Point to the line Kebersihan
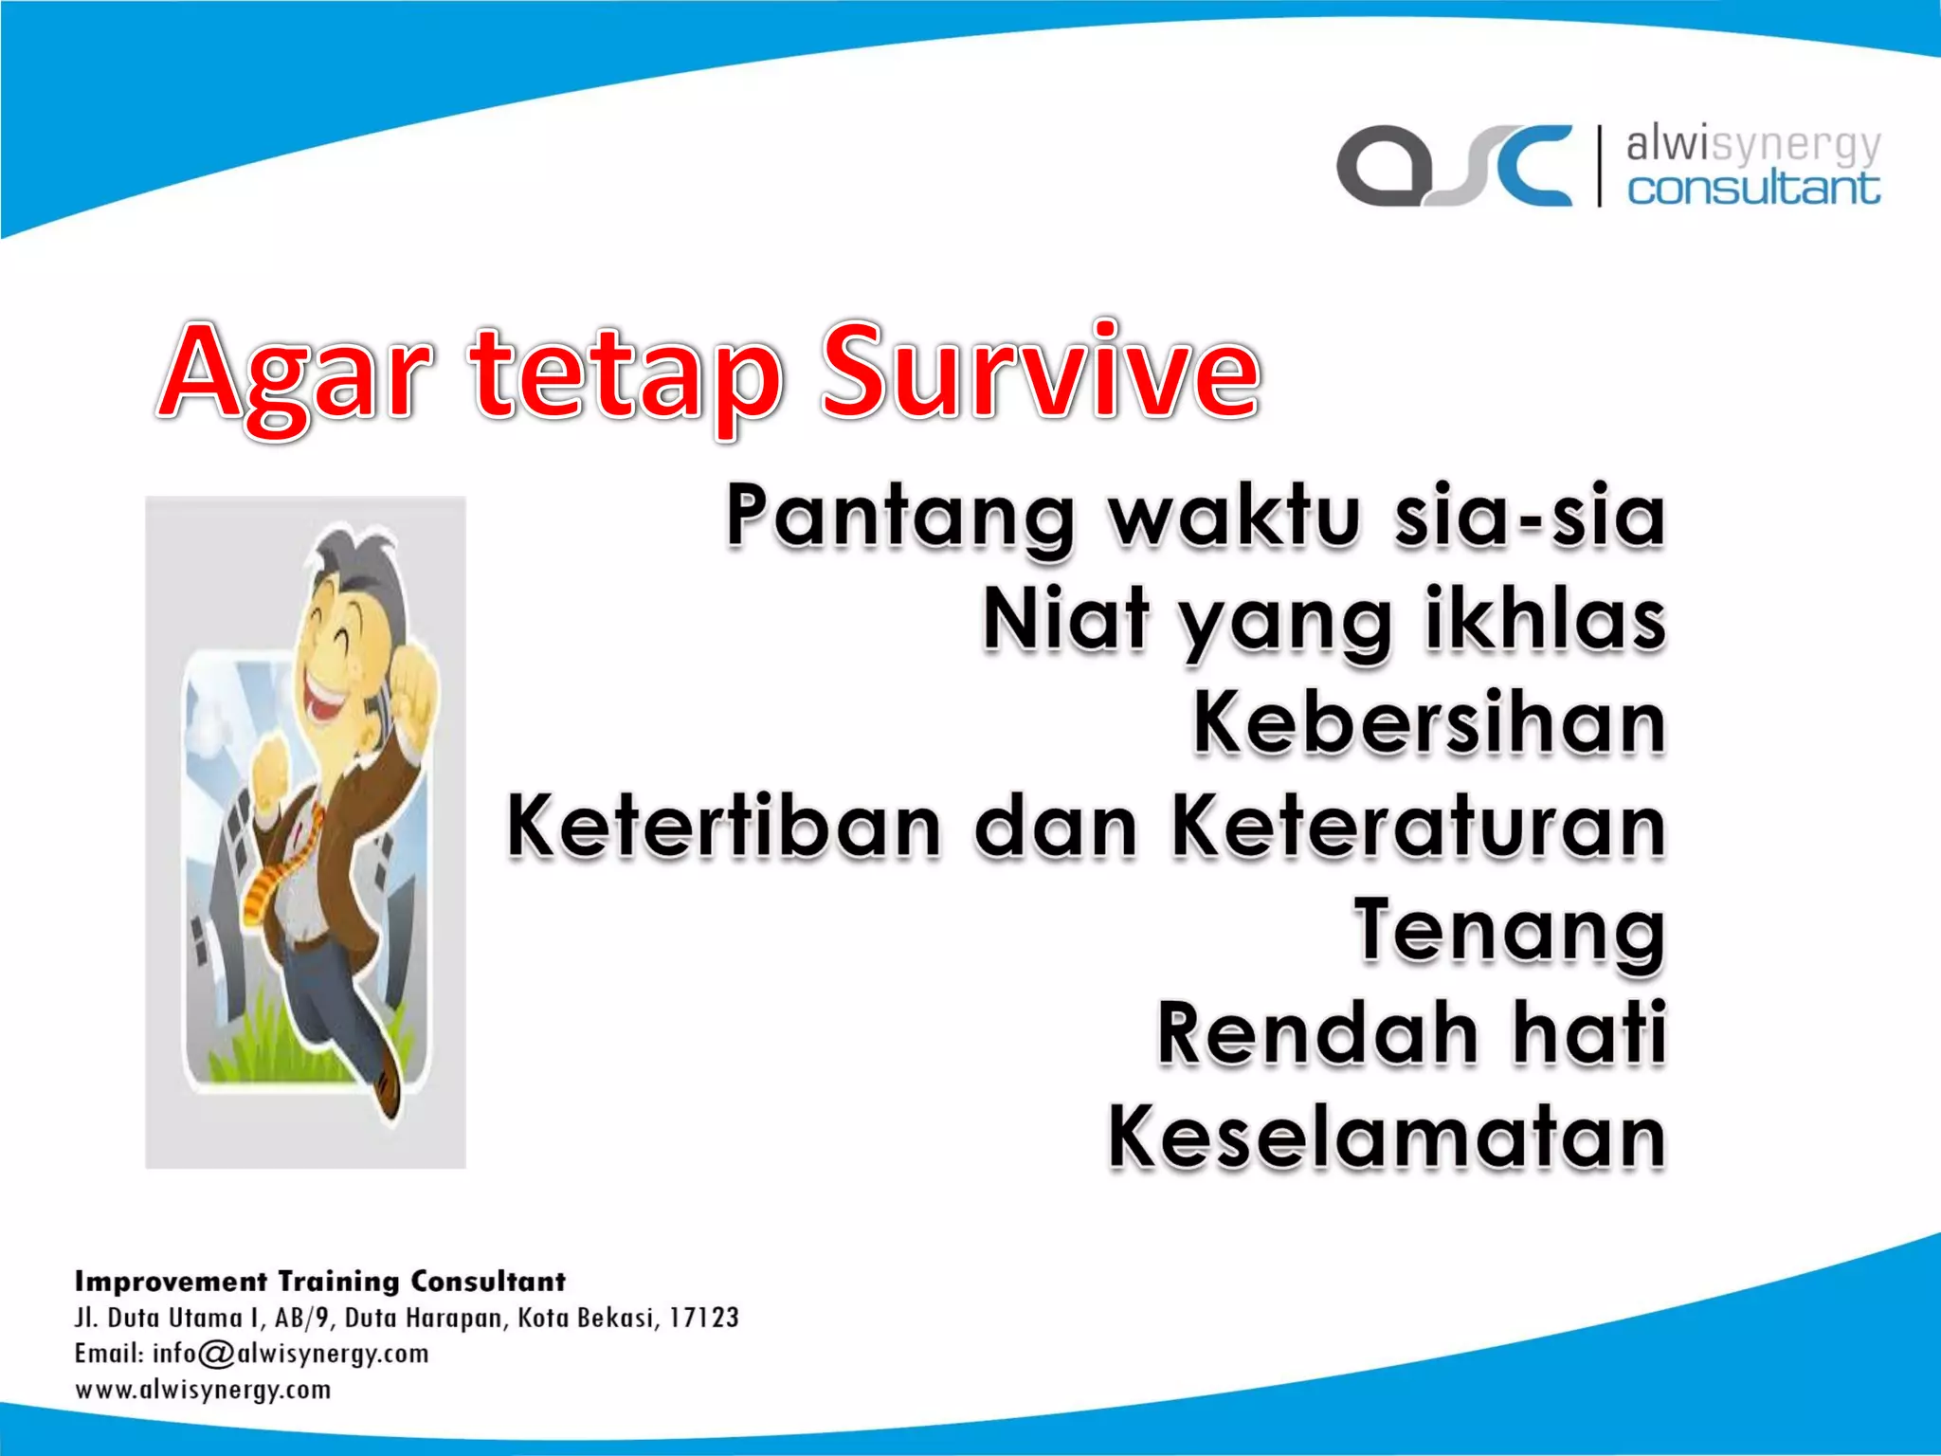1428,723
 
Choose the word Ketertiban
724,827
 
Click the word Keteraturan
1418,827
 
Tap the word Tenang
1509,932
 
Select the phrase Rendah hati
1411,1033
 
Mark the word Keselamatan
1387,1137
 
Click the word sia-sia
1529,517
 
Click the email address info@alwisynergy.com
291,1354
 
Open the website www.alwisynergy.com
203,1391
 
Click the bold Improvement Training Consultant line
319,1282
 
